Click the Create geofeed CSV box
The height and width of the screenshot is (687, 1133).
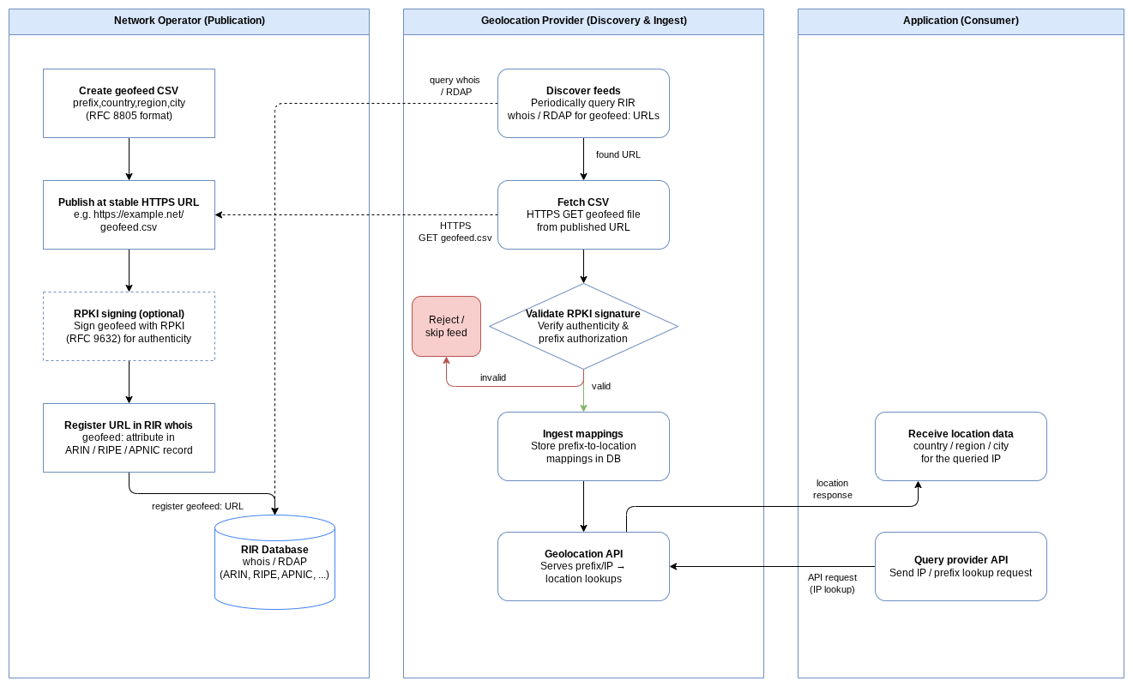pyautogui.click(x=129, y=103)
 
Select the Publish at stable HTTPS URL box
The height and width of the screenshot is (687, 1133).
pyautogui.click(x=129, y=214)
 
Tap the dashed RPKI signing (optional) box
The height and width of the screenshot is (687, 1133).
pyautogui.click(x=129, y=326)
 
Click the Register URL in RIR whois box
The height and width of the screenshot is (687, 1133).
pyautogui.click(x=129, y=437)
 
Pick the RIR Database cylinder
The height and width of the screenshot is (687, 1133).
pyautogui.click(x=274, y=562)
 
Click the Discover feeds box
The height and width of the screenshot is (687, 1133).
pyautogui.click(x=583, y=103)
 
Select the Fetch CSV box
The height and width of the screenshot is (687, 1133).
pyautogui.click(x=583, y=214)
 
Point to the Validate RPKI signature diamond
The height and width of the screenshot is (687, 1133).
pyautogui.click(x=583, y=326)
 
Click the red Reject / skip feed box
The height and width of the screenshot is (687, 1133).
pyautogui.click(x=446, y=326)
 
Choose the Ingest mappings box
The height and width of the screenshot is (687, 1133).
pyautogui.click(x=583, y=446)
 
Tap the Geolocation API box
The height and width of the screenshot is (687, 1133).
pyautogui.click(x=583, y=566)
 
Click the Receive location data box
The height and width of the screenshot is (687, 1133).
pyautogui.click(x=961, y=446)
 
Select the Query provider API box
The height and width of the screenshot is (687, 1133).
pyautogui.click(x=961, y=566)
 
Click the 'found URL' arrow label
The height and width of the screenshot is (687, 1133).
pyautogui.click(x=618, y=154)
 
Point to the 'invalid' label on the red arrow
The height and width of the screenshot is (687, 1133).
pyautogui.click(x=492, y=377)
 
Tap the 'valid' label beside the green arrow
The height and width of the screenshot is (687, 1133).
pyautogui.click(x=601, y=386)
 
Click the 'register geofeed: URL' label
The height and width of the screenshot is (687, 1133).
pyautogui.click(x=197, y=506)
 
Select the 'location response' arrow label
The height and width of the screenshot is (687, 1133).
pyautogui.click(x=832, y=489)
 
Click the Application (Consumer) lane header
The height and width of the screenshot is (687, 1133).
pyautogui.click(x=961, y=21)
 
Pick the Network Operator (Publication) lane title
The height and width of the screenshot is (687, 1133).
pyautogui.click(x=190, y=21)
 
